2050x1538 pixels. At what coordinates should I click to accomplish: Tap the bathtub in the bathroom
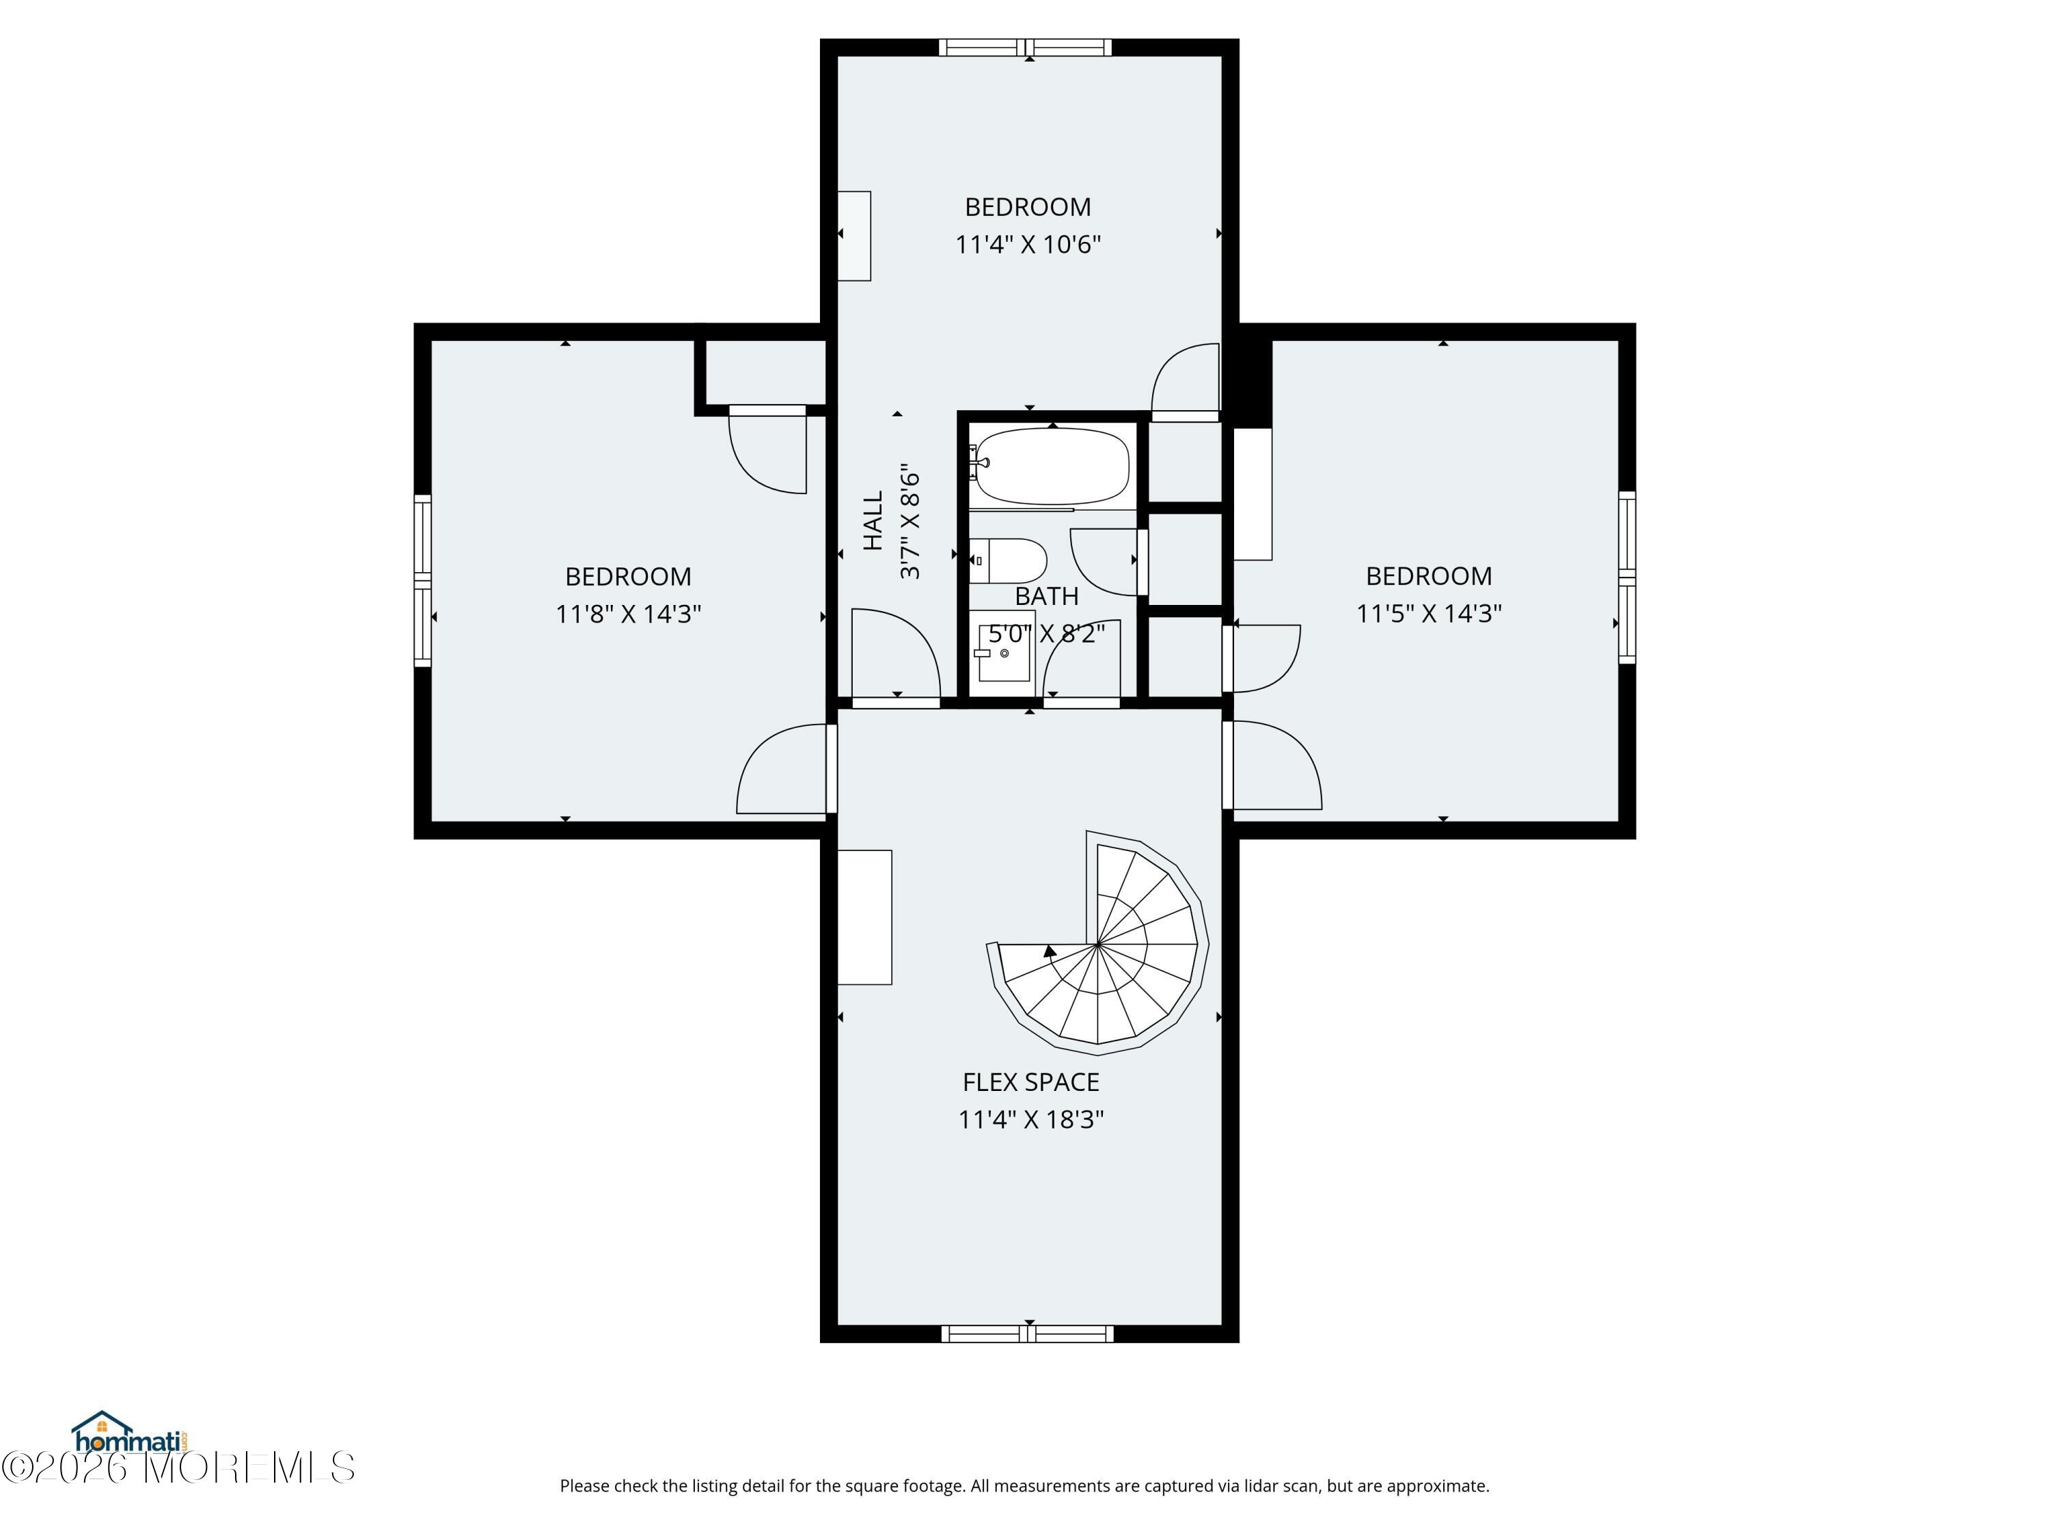(x=1050, y=466)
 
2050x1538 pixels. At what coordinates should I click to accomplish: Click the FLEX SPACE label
(x=1030, y=1082)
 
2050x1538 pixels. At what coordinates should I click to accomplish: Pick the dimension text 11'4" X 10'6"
(x=1028, y=244)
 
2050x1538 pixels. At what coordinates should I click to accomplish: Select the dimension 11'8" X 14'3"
(x=629, y=614)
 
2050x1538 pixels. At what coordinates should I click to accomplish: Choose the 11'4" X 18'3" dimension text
(x=1030, y=1119)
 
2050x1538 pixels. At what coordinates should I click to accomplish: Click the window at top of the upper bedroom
(x=1025, y=47)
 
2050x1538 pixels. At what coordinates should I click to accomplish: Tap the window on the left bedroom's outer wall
(x=422, y=580)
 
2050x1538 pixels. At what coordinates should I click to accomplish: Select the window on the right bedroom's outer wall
(x=1628, y=577)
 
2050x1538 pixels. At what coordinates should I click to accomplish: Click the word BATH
(x=1046, y=596)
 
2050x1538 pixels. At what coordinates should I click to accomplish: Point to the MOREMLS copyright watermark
(x=178, y=1468)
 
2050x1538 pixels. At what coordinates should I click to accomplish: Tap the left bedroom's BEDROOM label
(x=629, y=577)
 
